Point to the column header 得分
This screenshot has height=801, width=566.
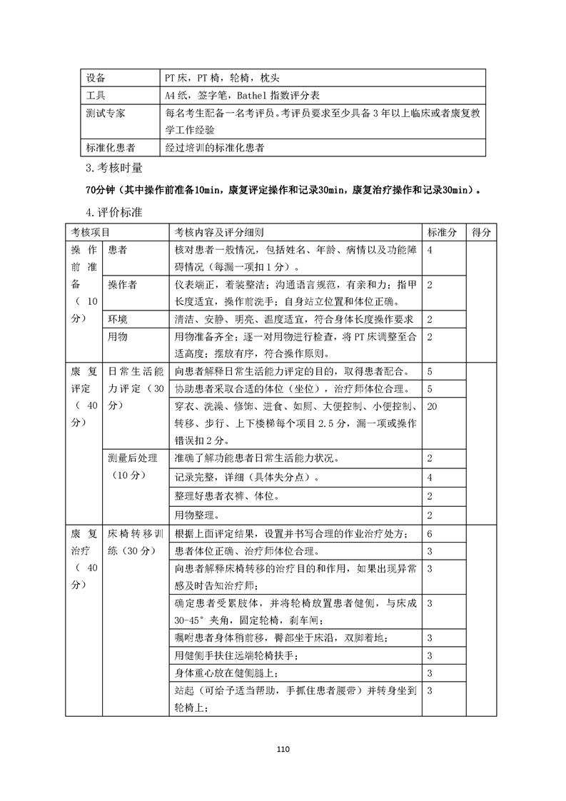tap(481, 233)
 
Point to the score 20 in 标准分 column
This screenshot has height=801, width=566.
tap(432, 406)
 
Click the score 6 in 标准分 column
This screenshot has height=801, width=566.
tap(430, 534)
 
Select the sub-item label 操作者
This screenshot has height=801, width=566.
tap(122, 284)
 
